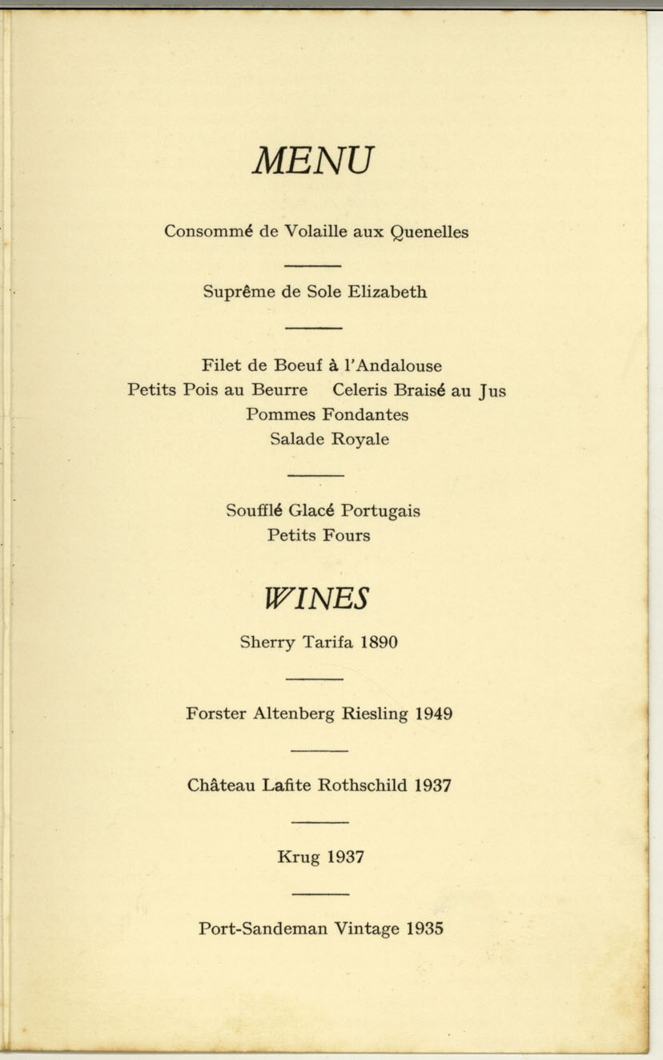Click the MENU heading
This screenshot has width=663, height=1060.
click(x=313, y=161)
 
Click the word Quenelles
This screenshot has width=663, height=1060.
click(x=429, y=232)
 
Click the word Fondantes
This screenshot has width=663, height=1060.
click(x=365, y=414)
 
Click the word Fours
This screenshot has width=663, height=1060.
click(x=347, y=535)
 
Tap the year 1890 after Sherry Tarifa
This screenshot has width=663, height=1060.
click(x=379, y=642)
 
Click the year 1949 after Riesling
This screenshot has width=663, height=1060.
click(x=434, y=713)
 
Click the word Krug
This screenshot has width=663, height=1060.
click(x=298, y=857)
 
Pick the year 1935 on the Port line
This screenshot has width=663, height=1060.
click(x=424, y=929)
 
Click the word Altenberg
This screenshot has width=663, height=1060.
click(x=294, y=713)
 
